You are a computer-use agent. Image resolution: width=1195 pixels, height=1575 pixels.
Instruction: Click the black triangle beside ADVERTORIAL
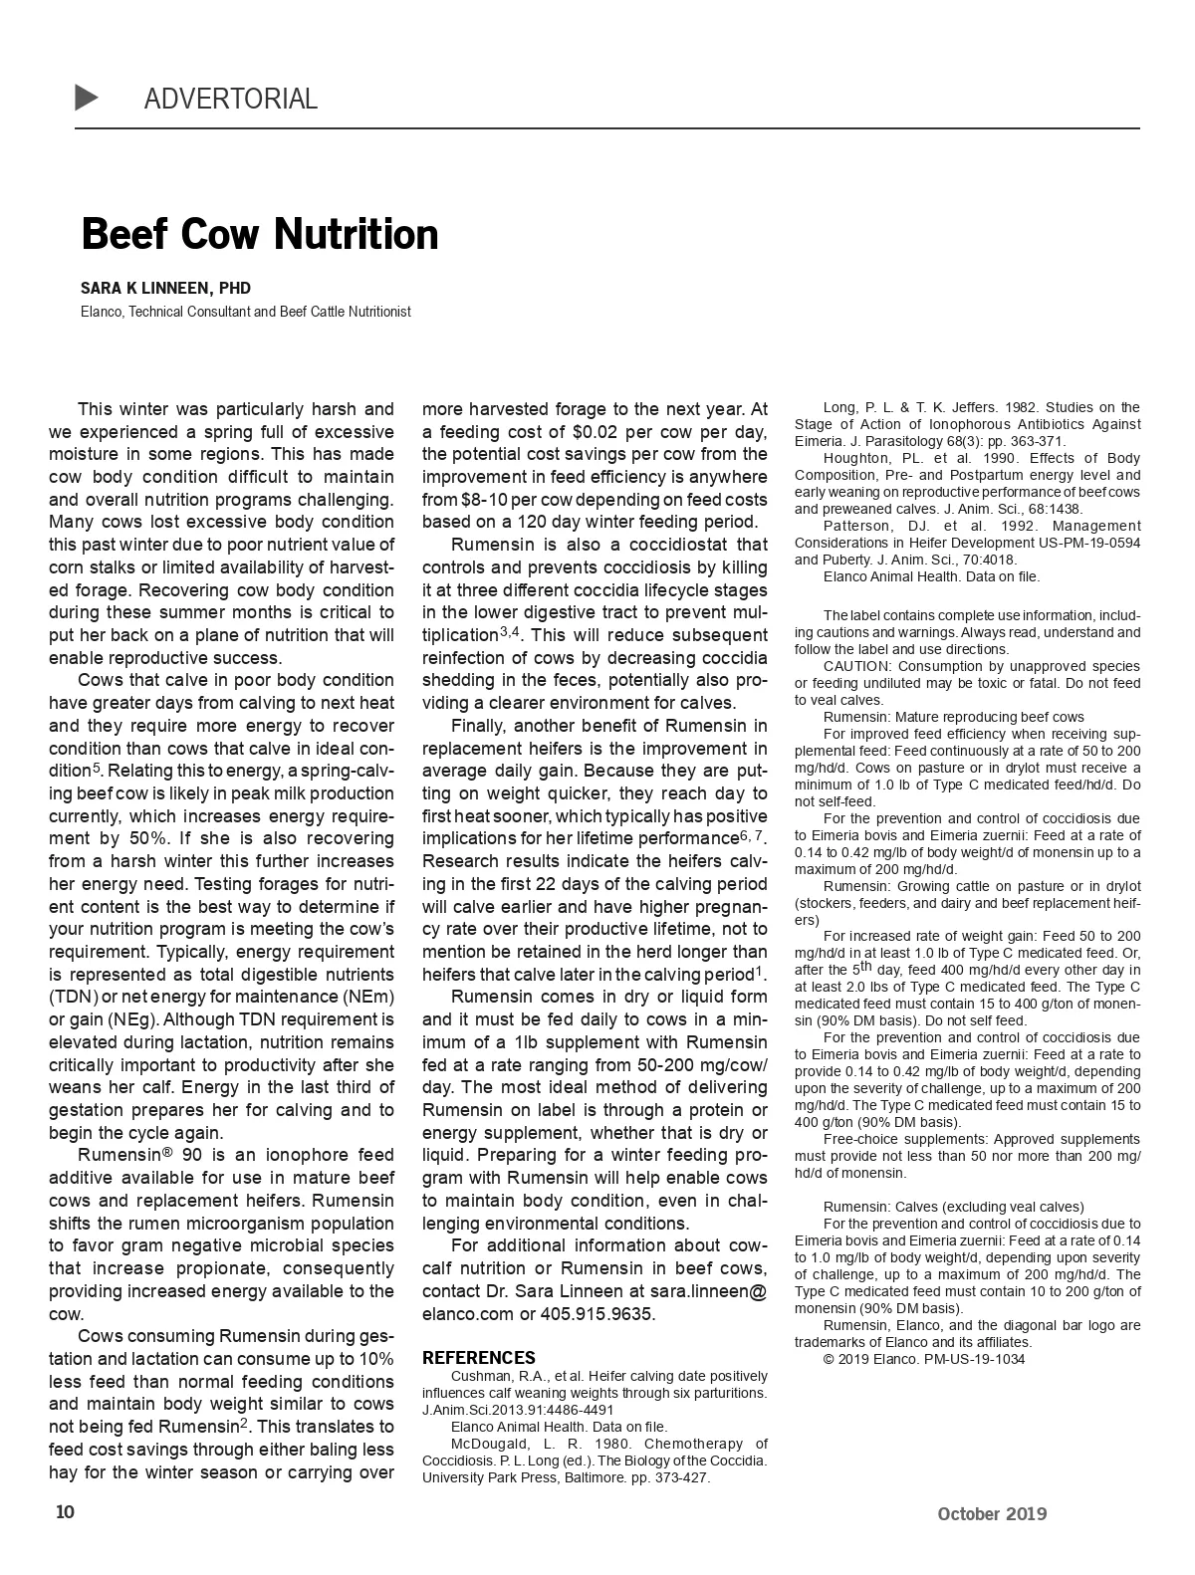87,98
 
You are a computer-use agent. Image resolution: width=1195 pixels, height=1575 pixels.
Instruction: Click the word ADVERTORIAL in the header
230,99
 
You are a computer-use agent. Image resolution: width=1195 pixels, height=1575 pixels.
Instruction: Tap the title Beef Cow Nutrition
259,234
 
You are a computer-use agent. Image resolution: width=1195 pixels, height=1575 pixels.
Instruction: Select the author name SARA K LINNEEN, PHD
165,288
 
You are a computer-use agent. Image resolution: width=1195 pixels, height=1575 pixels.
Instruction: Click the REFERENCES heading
478,1357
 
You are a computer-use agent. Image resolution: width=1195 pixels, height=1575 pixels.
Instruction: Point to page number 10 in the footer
65,1512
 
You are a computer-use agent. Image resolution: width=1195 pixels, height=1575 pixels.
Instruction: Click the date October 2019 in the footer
991,1513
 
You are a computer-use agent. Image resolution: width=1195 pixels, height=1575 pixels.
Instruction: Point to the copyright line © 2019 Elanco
923,1359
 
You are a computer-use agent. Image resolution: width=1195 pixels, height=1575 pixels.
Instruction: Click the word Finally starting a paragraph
479,726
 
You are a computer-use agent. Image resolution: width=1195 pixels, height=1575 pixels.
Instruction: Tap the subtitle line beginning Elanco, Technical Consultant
245,312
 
